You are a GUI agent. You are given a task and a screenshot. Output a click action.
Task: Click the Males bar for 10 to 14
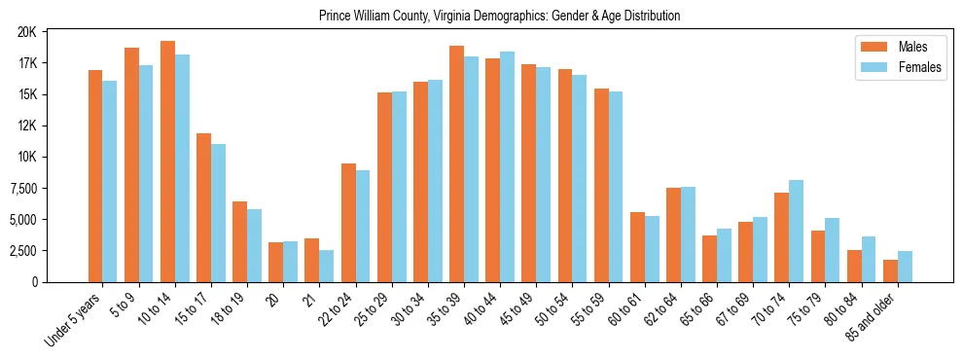click(x=167, y=162)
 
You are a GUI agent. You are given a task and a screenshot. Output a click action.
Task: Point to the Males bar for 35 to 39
click(x=456, y=163)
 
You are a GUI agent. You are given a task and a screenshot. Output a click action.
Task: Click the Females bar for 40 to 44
click(x=507, y=166)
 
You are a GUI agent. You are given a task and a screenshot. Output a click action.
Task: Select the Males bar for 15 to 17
click(x=203, y=207)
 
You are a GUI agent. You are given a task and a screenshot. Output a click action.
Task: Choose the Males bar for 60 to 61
click(x=637, y=247)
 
